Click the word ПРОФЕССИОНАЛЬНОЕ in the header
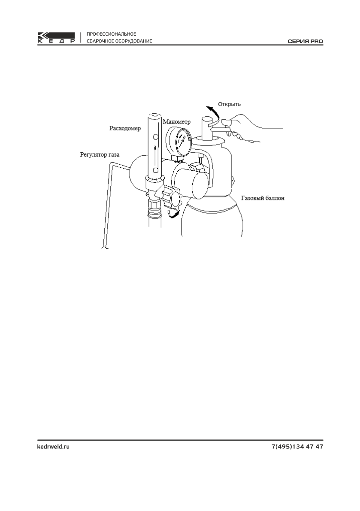click(x=112, y=33)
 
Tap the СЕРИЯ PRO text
click(x=305, y=42)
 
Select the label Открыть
click(x=230, y=104)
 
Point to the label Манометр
click(x=176, y=122)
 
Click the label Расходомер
click(x=125, y=128)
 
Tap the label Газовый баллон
click(x=263, y=199)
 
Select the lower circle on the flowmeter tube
click(x=155, y=171)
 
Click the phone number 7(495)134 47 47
click(x=297, y=447)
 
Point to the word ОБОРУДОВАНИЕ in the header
click(x=133, y=41)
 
